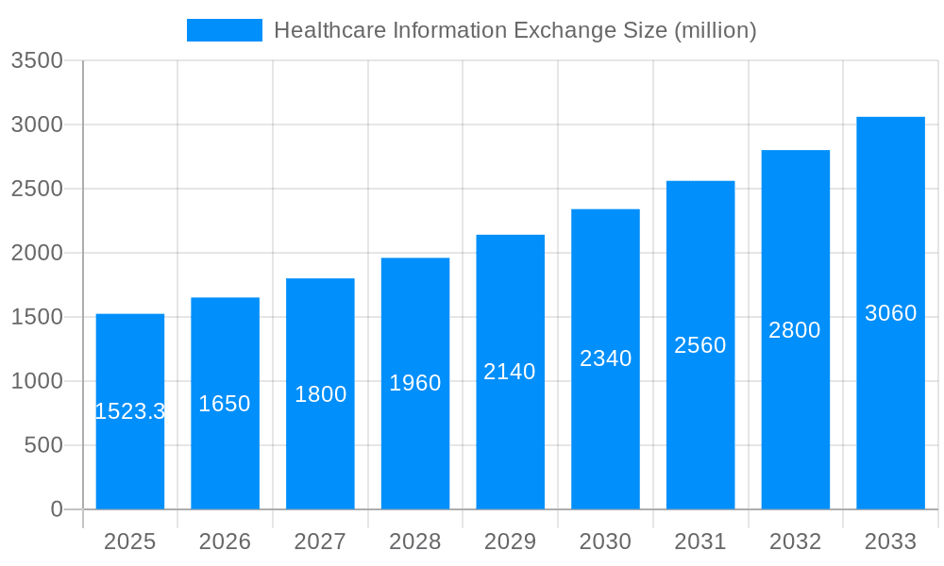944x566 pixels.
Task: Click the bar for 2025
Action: [130, 453]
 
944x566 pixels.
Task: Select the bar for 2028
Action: [415, 443]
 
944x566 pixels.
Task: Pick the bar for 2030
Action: [605, 434]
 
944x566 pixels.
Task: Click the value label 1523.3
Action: [130, 411]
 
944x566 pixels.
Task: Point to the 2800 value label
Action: [795, 330]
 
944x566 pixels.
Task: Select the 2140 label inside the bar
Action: [510, 372]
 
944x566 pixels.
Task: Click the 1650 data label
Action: [225, 404]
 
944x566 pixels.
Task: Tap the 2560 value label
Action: [700, 345]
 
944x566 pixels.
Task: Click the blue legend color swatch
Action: [225, 30]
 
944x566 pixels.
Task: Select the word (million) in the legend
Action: [715, 30]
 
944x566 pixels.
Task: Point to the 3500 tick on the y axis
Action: [37, 60]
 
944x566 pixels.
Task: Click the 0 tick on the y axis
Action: [56, 509]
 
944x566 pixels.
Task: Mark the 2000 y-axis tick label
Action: [37, 253]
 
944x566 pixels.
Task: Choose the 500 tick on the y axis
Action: [43, 445]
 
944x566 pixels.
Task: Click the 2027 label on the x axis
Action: [320, 541]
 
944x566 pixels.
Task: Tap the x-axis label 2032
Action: [795, 541]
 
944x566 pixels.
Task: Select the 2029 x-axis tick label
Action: [510, 541]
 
